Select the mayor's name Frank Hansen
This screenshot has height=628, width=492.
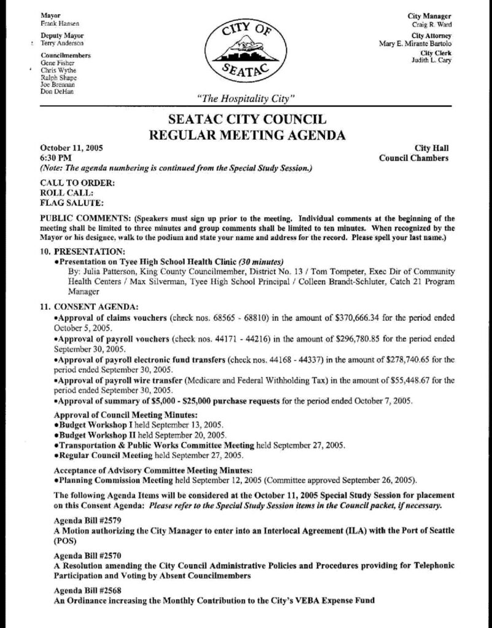click(56, 23)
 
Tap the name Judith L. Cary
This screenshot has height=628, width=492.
click(432, 60)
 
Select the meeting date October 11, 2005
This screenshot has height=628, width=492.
click(71, 148)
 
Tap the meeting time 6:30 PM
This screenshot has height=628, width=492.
click(55, 158)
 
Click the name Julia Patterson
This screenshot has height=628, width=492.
click(108, 270)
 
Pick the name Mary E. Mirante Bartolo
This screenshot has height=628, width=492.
click(416, 44)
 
